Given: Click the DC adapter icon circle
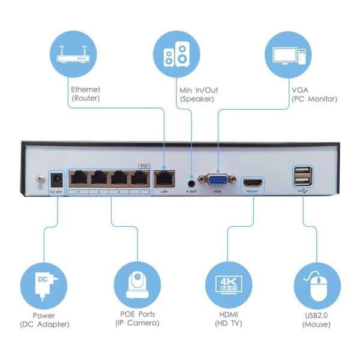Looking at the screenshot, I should coord(43,284).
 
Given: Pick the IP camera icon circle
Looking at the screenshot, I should coord(137,284).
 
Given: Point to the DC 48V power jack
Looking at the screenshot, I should coord(56,179).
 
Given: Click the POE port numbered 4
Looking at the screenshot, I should coord(79,178).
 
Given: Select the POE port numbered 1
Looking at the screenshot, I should coord(140,178).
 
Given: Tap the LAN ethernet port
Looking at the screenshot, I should coord(164,178).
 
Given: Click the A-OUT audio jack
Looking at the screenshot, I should coord(191,181).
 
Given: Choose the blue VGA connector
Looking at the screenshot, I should coord(218,181).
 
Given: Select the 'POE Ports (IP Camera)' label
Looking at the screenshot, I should coord(137,319).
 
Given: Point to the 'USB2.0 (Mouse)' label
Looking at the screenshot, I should coord(316,320).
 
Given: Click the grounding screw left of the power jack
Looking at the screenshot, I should coord(40,179).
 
